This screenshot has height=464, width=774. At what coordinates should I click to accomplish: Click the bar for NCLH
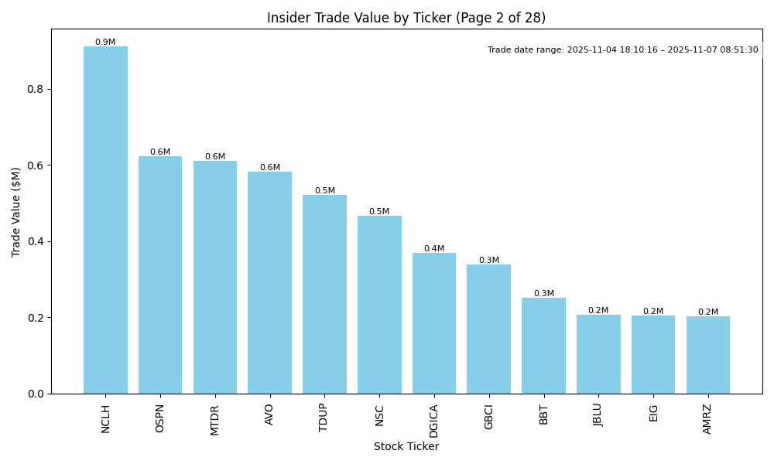(105, 220)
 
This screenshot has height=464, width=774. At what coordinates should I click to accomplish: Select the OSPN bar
(160, 275)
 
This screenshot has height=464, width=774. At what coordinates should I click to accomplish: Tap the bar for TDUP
(324, 295)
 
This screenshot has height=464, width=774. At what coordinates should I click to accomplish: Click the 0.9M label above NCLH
(105, 43)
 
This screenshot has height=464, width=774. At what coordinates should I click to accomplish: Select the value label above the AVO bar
(270, 168)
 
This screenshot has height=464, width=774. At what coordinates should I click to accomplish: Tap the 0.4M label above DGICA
(434, 249)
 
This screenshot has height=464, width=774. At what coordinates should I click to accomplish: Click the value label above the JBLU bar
(598, 311)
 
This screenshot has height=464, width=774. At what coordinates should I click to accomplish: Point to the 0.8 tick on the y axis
(36, 89)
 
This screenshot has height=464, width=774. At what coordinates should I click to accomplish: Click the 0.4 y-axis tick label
(36, 241)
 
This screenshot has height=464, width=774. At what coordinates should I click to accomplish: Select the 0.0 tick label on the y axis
(36, 394)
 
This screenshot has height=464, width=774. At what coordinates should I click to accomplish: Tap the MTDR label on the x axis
(215, 419)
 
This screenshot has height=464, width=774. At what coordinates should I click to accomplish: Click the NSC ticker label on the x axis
(379, 415)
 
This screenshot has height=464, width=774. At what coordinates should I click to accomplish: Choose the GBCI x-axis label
(489, 417)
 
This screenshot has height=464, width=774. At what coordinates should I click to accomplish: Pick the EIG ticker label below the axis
(653, 413)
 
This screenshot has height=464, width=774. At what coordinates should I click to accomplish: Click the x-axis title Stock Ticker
(406, 447)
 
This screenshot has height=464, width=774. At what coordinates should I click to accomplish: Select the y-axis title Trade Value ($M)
(16, 211)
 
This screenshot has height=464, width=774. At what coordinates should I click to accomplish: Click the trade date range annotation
(622, 50)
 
